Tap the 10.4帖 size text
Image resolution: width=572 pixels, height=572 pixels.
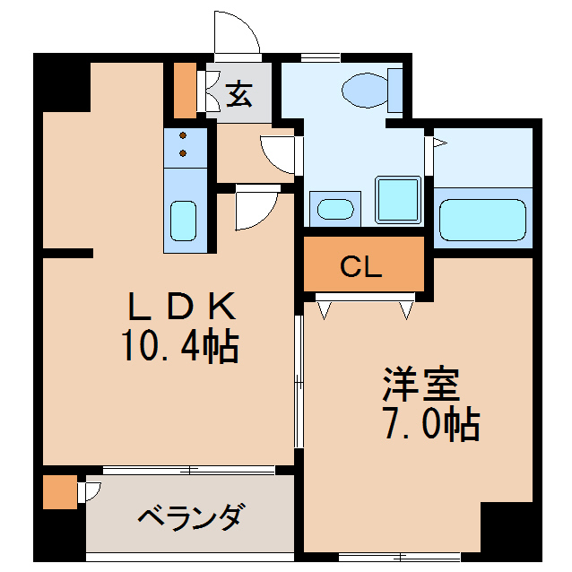pyautogui.click(x=179, y=346)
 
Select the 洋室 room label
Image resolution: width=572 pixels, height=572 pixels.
pyautogui.click(x=421, y=385)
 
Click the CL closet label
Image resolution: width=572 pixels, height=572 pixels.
pyautogui.click(x=362, y=265)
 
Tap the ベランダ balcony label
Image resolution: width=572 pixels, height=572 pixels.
pyautogui.click(x=190, y=517)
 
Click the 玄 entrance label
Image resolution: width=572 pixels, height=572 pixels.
pyautogui.click(x=238, y=92)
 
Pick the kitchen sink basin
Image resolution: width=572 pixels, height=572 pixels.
pyautogui.click(x=184, y=220)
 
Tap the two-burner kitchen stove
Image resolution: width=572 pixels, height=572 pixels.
pyautogui.click(x=184, y=144)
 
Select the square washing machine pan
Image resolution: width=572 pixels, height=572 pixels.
pyautogui.click(x=397, y=199)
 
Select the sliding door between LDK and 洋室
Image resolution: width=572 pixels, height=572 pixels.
pyautogui.click(x=299, y=381)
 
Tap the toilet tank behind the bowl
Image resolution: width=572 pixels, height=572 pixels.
pyautogui.click(x=395, y=89)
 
